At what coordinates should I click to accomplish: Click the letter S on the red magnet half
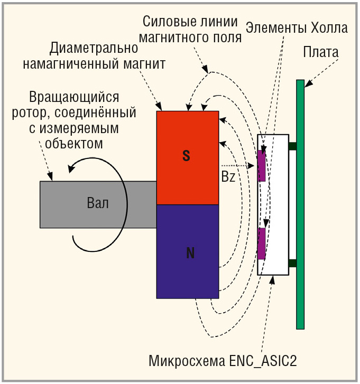186,155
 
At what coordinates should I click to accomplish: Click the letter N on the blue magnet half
190,253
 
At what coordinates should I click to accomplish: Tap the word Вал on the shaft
98,203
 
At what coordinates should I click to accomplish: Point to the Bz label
228,176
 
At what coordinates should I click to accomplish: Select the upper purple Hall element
262,165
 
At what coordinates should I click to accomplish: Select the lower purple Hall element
262,243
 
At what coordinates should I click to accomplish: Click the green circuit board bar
300,204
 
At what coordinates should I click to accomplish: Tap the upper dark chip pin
293,146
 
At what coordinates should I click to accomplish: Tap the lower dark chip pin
293,263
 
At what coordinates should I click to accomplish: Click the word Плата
320,52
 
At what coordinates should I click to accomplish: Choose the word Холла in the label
329,28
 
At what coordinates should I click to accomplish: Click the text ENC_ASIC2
263,361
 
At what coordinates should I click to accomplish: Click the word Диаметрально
94,49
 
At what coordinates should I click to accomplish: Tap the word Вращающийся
74,98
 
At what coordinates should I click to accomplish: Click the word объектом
74,144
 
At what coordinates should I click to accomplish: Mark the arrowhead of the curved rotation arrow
71,168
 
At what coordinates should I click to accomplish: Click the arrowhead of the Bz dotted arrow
251,166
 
